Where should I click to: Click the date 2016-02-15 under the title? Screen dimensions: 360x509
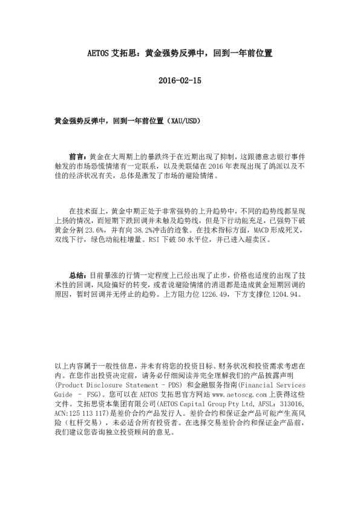point(180,80)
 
